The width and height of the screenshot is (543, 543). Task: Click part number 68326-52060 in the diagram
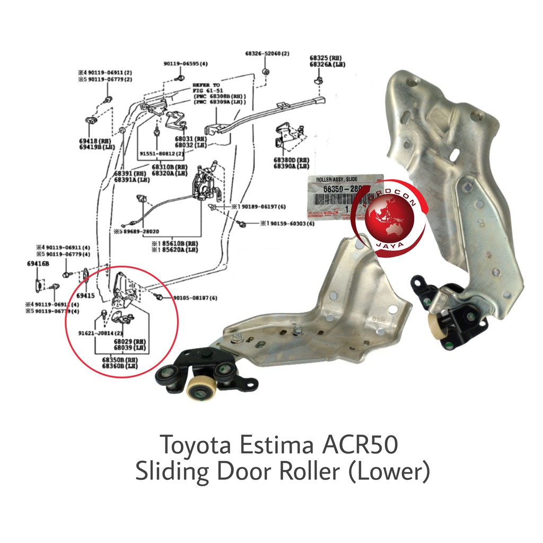pos(267,54)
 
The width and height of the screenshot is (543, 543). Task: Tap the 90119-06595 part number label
pos(186,64)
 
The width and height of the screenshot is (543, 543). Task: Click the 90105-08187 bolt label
pos(195,298)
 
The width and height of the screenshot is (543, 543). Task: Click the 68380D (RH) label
pos(291,160)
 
